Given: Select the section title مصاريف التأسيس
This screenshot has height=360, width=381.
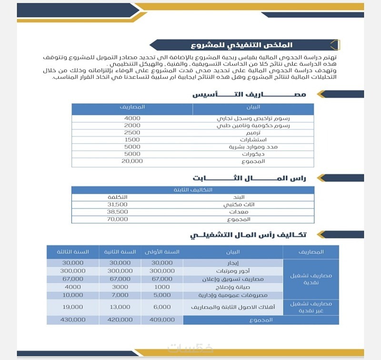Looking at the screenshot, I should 249,95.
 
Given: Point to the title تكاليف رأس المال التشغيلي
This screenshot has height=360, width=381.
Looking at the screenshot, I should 249,235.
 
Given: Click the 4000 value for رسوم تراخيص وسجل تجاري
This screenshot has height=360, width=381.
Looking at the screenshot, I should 132,118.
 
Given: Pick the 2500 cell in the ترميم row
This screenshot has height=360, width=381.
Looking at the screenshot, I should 132,132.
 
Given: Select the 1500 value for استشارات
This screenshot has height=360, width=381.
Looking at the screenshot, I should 132,140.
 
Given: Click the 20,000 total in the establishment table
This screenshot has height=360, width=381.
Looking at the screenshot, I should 132,161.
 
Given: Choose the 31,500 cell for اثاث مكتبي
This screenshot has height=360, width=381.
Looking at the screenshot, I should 118,204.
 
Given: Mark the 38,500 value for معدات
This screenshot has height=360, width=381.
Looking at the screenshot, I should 118,211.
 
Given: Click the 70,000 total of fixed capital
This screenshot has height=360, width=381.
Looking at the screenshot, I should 118,219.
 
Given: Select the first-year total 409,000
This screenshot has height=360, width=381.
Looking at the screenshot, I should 162,320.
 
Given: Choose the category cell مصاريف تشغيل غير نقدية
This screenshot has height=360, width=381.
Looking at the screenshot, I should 311,307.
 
